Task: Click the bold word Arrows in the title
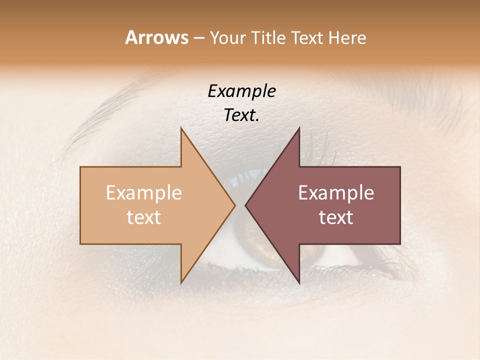tap(156, 37)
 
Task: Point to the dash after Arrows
tap(198, 38)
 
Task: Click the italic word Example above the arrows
tap(242, 91)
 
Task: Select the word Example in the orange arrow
tap(144, 193)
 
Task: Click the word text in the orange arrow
tap(144, 217)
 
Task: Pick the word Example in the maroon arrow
tap(336, 193)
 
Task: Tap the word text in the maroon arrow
tap(336, 217)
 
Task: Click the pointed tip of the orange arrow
tap(234, 205)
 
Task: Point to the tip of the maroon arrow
tap(245, 205)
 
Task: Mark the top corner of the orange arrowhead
tap(181, 128)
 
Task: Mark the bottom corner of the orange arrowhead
tap(181, 283)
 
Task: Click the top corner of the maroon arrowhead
tap(299, 128)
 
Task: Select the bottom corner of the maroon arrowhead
tap(299, 283)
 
